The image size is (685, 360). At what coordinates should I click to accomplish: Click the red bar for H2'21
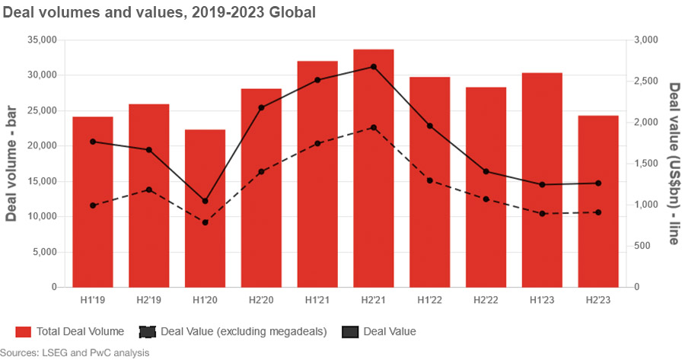pyautogui.click(x=373, y=168)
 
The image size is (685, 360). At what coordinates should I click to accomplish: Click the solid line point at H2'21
pyautogui.click(x=373, y=67)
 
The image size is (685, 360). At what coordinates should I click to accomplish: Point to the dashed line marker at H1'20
pyautogui.click(x=205, y=222)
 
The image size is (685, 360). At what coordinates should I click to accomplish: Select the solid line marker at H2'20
pyautogui.click(x=261, y=108)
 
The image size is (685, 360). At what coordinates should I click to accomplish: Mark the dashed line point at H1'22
pyautogui.click(x=429, y=180)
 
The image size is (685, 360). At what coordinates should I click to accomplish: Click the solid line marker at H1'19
pyautogui.click(x=93, y=142)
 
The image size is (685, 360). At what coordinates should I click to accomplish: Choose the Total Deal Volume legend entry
pyautogui.click(x=69, y=331)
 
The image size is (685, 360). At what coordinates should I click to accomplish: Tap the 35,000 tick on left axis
pyautogui.click(x=42, y=40)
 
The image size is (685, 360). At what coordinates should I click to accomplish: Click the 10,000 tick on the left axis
pyautogui.click(x=42, y=217)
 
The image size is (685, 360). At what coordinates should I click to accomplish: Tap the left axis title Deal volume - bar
pyautogui.click(x=11, y=164)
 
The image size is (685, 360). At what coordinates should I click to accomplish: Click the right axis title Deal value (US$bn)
pyautogui.click(x=673, y=164)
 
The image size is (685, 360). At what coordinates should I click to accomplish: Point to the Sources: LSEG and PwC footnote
pyautogui.click(x=75, y=352)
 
